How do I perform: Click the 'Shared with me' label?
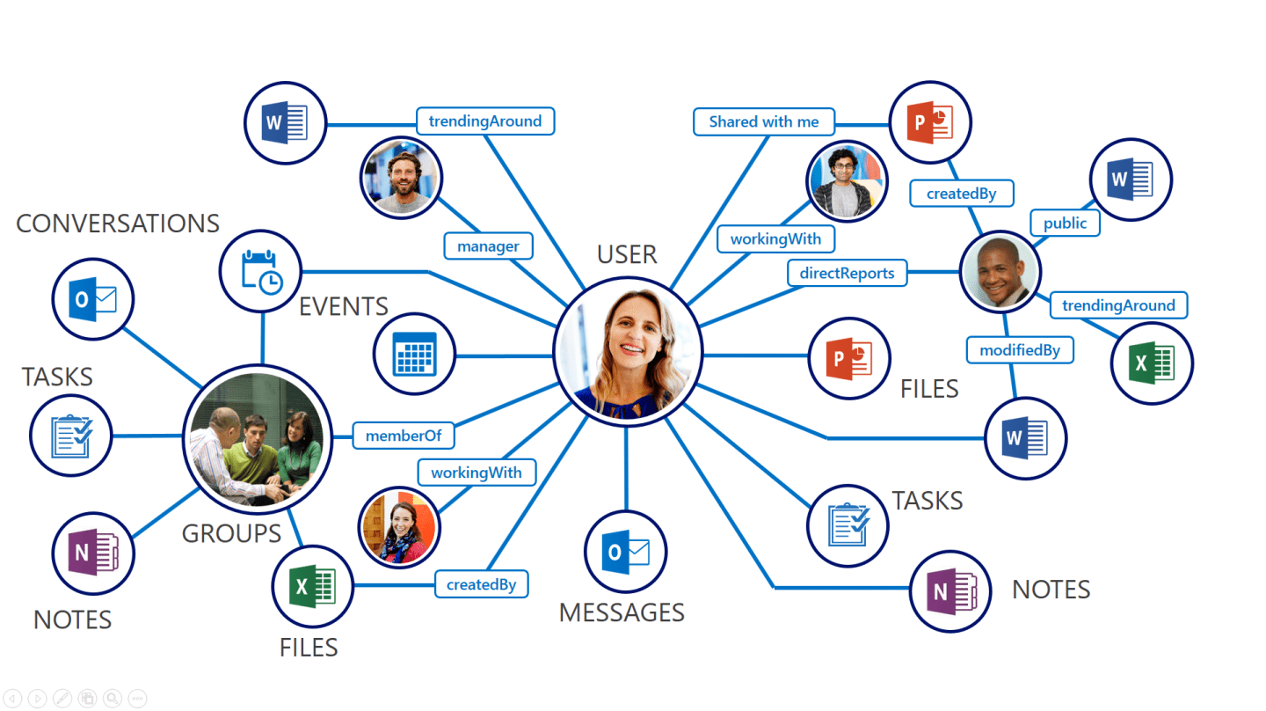(763, 121)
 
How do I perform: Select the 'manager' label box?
(488, 246)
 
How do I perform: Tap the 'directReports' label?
(847, 273)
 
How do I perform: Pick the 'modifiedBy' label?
(1020, 350)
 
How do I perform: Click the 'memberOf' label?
(403, 436)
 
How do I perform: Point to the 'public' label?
(1065, 224)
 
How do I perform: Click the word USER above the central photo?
(627, 254)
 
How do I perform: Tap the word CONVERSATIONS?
(118, 224)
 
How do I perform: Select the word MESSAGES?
(622, 612)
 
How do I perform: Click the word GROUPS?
(231, 533)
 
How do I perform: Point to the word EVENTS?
(344, 307)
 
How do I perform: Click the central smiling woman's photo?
(628, 352)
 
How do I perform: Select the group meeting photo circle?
(257, 439)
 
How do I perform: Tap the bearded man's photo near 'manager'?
(401, 177)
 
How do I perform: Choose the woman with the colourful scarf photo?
(399, 527)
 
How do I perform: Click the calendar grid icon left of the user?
(414, 355)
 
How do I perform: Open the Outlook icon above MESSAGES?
(626, 552)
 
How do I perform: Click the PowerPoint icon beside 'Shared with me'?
(929, 123)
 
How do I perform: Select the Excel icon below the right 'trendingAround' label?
(1152, 363)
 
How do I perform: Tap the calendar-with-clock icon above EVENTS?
(260, 272)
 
